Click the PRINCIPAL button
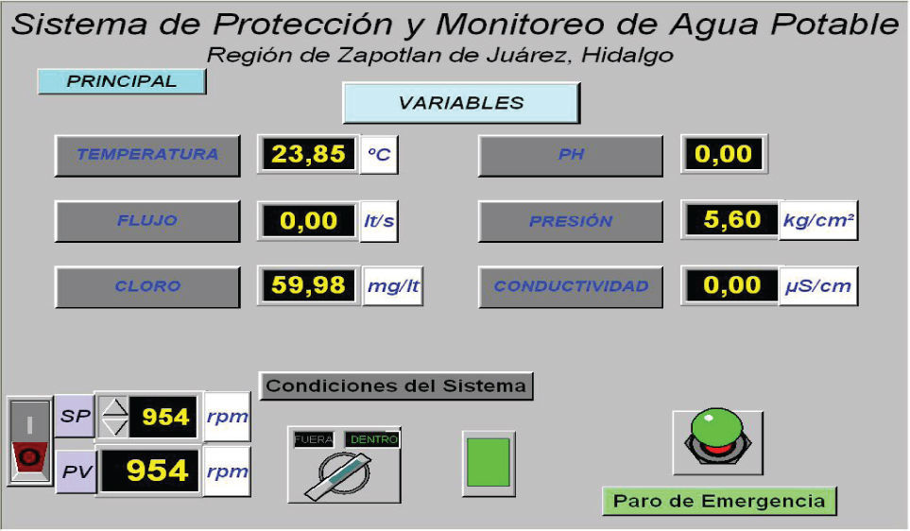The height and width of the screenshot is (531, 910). pos(122,81)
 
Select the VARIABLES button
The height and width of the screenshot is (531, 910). pos(461,103)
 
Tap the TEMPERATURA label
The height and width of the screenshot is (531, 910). pos(147,155)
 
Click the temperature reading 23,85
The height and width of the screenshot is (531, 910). pos(308,154)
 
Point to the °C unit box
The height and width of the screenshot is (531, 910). pos(379,154)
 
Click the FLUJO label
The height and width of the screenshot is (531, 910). pos(147,220)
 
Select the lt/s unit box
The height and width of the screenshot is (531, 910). pos(379,221)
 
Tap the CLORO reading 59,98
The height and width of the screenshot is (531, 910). pos(308,285)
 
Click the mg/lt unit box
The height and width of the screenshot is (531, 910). pos(393,286)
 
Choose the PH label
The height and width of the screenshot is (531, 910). pos(571,155)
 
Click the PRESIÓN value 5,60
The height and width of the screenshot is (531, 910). pos(731,220)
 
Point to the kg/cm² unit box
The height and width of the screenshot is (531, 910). pos(818,220)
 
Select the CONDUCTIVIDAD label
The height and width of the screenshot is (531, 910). pos(571,286)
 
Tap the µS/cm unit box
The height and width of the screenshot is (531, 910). pos(818,286)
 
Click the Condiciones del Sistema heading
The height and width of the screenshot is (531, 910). pos(396,385)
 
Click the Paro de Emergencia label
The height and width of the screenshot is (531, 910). pos(719,502)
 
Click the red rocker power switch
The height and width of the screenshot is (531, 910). pos(29,441)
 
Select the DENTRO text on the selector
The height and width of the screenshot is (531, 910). pos(374,440)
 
